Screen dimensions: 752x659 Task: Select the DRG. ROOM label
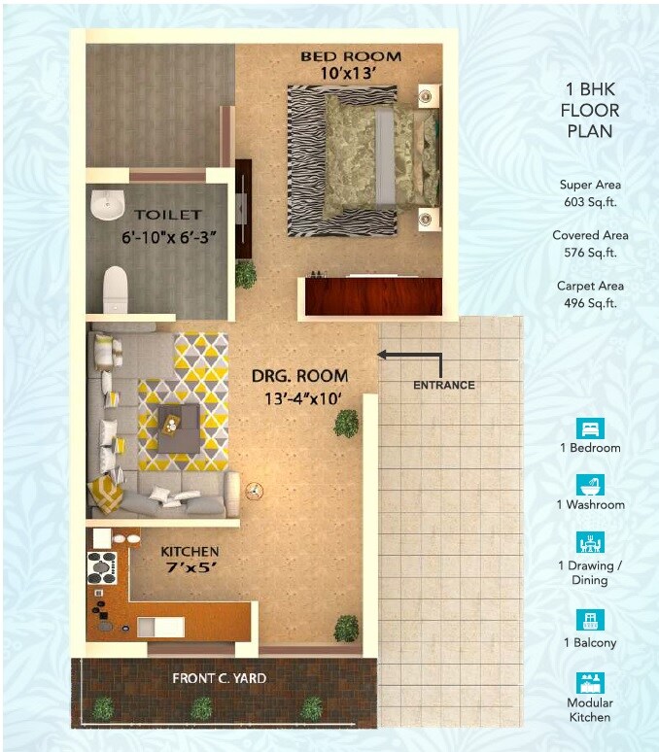[x=299, y=376]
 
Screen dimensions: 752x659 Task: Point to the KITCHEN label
[x=190, y=552]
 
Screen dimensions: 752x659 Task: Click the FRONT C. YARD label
[x=219, y=677]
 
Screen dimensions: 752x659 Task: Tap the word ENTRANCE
[x=444, y=385]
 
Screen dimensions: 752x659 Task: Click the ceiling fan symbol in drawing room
[x=256, y=491]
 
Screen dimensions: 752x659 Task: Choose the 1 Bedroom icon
[x=589, y=427]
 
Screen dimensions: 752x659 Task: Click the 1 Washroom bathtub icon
[x=589, y=484]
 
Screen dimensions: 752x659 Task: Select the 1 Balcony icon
[x=589, y=620]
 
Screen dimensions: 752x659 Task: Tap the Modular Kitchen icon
[x=589, y=681]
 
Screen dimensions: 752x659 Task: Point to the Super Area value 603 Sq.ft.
[x=589, y=202]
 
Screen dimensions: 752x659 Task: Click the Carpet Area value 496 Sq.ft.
[x=589, y=303]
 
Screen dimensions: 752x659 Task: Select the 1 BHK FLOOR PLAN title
[x=589, y=109]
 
